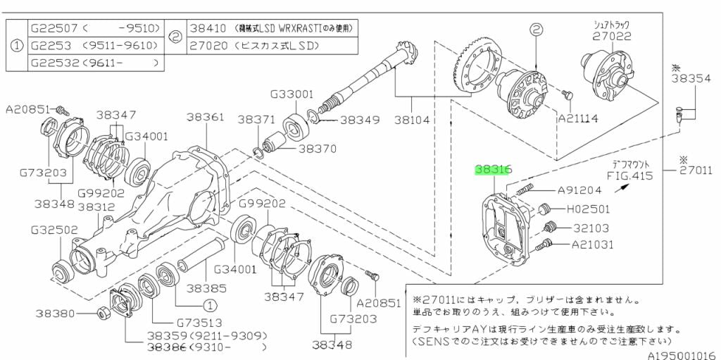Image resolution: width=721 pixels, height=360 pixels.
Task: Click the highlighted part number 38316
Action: [x=493, y=170]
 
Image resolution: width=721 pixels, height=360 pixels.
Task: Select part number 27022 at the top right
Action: [x=610, y=37]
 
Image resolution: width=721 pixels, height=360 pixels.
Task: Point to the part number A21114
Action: [x=578, y=118]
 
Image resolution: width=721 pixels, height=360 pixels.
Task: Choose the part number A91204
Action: [x=579, y=190]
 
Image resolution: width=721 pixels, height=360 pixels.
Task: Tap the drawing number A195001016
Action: [x=682, y=355]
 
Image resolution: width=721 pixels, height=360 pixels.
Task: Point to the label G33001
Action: [x=291, y=93]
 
